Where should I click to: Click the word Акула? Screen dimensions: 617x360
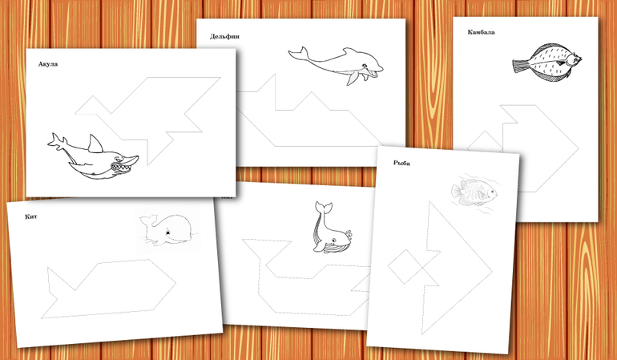click(x=48, y=64)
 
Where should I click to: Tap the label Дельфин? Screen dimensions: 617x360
click(x=224, y=36)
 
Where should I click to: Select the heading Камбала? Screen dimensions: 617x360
click(x=482, y=32)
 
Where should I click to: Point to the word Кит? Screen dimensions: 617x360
click(x=31, y=216)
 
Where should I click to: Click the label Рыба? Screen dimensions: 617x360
click(x=401, y=163)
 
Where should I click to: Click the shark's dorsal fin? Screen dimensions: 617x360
click(x=95, y=144)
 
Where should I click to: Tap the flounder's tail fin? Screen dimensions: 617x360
click(x=521, y=65)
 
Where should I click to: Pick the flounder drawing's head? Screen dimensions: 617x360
click(x=574, y=60)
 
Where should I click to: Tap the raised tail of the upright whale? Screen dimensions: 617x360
click(x=324, y=208)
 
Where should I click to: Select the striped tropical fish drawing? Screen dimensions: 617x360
click(x=474, y=192)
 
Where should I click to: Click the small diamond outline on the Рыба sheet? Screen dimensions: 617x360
click(x=405, y=266)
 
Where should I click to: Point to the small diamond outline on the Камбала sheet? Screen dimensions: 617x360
click(x=486, y=143)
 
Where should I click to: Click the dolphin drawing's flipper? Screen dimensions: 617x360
click(x=353, y=78)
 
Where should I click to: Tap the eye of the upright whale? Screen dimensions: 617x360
click(x=333, y=240)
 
